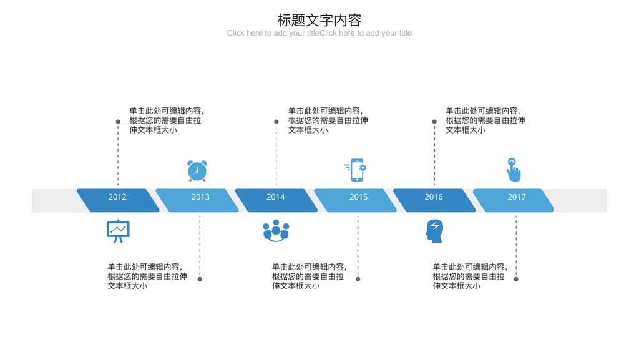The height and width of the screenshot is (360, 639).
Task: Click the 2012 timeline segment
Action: point(118,200)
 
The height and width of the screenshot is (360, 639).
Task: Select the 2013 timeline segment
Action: point(197,200)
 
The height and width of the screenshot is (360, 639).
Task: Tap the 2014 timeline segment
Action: point(276,200)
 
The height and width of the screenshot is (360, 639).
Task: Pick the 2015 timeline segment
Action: point(355,200)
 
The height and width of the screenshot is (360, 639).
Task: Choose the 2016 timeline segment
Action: point(434,200)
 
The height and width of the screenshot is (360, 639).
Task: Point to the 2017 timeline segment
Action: point(513,200)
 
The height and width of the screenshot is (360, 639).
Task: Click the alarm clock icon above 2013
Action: point(197,170)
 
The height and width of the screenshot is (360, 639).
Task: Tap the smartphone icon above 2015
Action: point(356,170)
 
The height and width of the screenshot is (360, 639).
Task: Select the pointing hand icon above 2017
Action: point(514,170)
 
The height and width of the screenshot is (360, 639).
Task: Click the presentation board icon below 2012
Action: point(118,231)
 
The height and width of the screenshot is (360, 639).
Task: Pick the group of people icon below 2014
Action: point(276,230)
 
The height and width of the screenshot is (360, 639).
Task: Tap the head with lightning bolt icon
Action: point(434,231)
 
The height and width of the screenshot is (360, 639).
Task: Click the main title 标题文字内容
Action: point(319,20)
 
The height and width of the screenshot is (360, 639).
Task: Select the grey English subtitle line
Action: point(319,33)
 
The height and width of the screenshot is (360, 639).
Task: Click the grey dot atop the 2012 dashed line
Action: point(118,122)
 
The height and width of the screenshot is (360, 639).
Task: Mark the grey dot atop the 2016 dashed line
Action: point(434,122)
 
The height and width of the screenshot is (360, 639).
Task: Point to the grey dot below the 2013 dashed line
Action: point(200,279)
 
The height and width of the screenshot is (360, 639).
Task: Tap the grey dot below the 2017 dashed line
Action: point(516,279)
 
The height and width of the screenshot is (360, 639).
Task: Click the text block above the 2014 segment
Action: point(328,120)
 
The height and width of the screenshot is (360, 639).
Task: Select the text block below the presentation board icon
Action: point(147,276)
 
